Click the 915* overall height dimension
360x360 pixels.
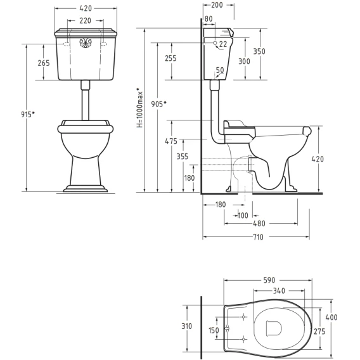click(x=28, y=114)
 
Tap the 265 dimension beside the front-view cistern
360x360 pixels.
click(x=44, y=63)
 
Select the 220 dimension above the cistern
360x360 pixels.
click(x=85, y=21)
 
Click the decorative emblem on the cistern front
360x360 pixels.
click(x=86, y=43)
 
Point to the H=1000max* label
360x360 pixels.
click(x=140, y=108)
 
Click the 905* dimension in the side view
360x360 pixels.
click(x=158, y=104)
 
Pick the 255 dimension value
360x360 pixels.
click(x=171, y=58)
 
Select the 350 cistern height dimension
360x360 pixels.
click(x=259, y=51)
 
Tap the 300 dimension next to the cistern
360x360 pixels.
click(x=244, y=61)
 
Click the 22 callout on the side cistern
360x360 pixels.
click(x=222, y=44)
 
